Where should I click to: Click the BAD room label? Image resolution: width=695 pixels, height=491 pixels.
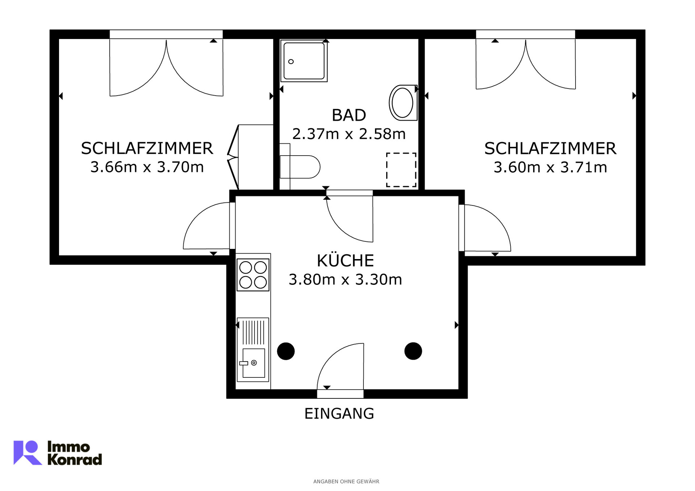click(349, 115)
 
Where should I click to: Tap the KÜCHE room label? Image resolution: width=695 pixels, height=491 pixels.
click(345, 260)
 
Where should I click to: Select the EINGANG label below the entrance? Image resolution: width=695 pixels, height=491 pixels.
click(339, 413)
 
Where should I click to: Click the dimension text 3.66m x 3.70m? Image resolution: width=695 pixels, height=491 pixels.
click(147, 167)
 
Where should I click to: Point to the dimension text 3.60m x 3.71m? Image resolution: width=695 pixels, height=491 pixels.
click(550, 167)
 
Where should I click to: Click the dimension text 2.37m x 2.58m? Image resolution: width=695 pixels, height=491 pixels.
click(349, 134)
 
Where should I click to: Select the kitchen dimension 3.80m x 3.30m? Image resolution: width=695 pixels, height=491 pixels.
click(345, 279)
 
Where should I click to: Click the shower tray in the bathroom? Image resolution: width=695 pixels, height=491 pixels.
click(304, 61)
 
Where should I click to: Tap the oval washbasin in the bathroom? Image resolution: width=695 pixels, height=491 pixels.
click(403, 103)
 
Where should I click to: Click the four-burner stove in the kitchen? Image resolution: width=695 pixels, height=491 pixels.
click(253, 275)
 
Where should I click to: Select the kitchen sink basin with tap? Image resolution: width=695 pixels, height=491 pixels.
click(253, 363)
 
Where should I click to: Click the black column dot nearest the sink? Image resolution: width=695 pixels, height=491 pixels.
click(286, 351)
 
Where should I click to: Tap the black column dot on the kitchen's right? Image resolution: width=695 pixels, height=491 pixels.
click(413, 351)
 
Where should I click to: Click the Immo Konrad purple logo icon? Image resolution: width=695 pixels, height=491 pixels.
click(27, 452)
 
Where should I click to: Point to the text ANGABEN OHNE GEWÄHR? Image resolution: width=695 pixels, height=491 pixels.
click(346, 482)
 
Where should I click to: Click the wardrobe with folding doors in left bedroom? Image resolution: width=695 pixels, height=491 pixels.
click(250, 157)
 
